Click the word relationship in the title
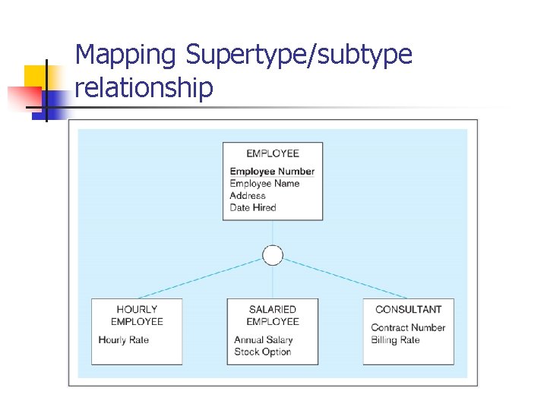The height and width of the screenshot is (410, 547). coord(144,88)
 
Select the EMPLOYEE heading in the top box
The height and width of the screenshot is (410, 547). coord(273,153)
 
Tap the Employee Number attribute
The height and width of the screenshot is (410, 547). coord(272,172)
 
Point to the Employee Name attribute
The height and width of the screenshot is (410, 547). coord(264,184)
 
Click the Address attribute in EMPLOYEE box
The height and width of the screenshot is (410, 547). coord(248,196)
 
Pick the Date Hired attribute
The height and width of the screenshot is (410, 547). coord(253,208)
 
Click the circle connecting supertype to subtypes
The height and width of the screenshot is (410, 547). coord(273,255)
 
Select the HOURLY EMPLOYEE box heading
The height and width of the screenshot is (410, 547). coord(137,315)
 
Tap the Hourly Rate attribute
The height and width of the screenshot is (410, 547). coord(124,340)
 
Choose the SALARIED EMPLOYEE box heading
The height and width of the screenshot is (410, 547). coord(273,315)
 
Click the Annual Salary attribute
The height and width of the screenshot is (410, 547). coord(264,340)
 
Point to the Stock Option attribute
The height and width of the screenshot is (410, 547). coord(263,352)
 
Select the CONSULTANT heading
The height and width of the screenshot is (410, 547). coord(409,310)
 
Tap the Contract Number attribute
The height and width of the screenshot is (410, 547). coord(408,328)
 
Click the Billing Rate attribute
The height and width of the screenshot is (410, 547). coord(396,340)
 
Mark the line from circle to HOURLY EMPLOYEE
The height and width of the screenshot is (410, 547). coord(201,277)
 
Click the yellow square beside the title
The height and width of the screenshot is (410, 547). coord(36,77)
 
